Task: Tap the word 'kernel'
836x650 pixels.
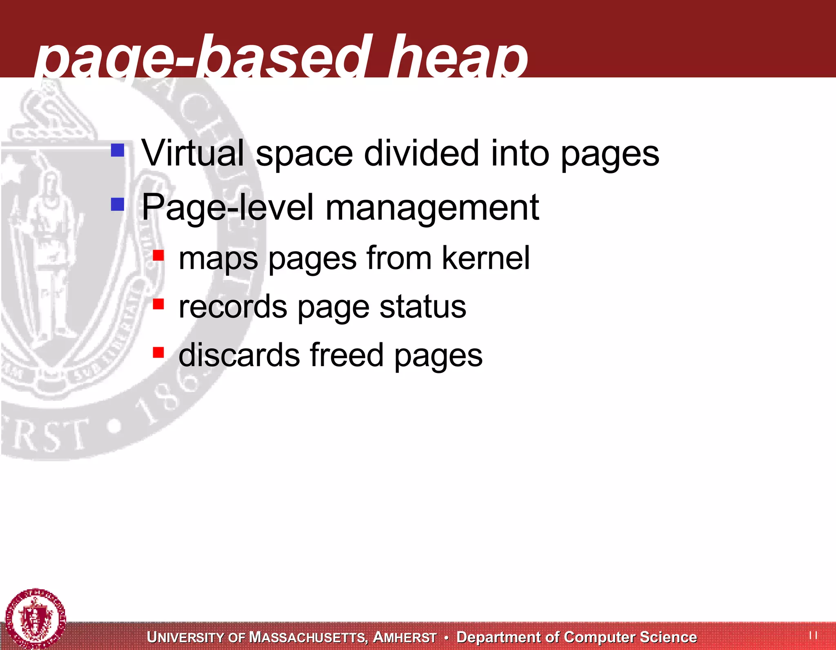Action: click(486, 258)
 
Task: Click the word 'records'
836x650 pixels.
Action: click(233, 307)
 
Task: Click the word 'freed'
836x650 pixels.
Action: click(347, 355)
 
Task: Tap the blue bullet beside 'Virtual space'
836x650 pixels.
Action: click(118, 150)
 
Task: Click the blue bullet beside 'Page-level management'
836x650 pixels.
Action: click(118, 204)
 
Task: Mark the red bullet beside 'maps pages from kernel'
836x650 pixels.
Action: click(158, 256)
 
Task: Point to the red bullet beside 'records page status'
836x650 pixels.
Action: click(158, 304)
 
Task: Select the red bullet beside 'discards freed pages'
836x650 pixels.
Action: click(158, 352)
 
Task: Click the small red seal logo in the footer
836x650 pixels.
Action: click(36, 618)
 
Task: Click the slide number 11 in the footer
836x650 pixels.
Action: click(813, 635)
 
